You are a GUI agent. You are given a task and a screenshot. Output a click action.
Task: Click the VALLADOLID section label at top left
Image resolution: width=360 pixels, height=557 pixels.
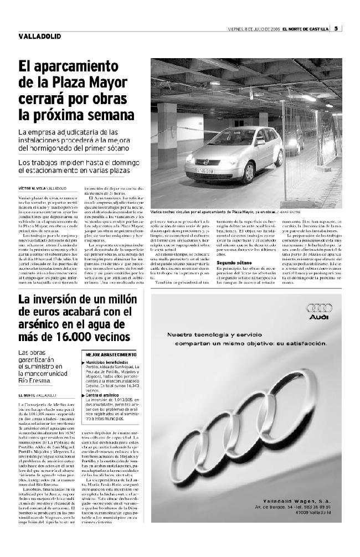point(35,37)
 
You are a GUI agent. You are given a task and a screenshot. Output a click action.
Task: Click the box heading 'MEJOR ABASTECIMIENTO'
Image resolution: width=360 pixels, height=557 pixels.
point(111,354)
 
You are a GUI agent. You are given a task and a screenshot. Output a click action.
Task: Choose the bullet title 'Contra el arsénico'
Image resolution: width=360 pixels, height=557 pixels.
point(104,395)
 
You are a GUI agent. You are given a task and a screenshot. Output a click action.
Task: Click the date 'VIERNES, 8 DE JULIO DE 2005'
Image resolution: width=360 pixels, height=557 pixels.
point(254,29)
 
